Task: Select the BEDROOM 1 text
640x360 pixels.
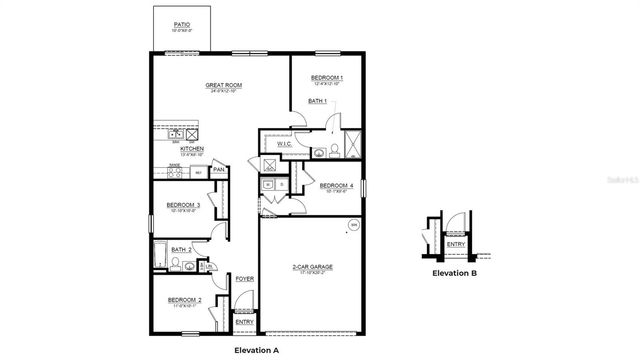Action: tap(326, 78)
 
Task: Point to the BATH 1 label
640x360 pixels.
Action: tap(317, 101)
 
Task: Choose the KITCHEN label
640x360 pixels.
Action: tap(191, 149)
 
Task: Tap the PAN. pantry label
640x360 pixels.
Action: tap(219, 171)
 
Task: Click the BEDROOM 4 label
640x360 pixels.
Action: tap(336, 185)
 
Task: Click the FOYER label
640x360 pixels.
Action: tap(244, 279)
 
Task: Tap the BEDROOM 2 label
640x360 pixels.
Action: tap(184, 300)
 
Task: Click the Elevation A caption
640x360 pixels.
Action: tap(257, 349)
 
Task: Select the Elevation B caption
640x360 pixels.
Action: tap(454, 273)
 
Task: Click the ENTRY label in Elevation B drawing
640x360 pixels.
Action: tap(455, 244)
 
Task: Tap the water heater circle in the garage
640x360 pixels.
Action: tap(352, 226)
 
